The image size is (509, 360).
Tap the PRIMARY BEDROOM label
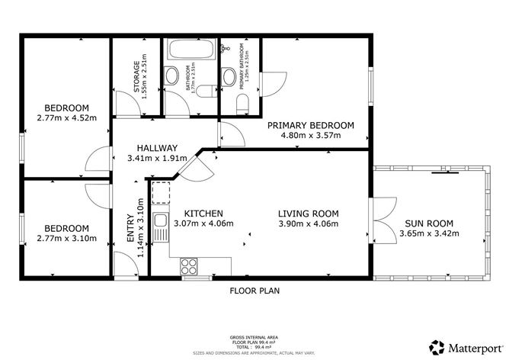pos(311,126)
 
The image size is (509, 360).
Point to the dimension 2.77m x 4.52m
pos(66,117)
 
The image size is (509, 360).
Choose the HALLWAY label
pos(158,148)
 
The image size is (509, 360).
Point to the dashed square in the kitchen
pos(161,194)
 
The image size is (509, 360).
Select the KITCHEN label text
pos(203,214)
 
